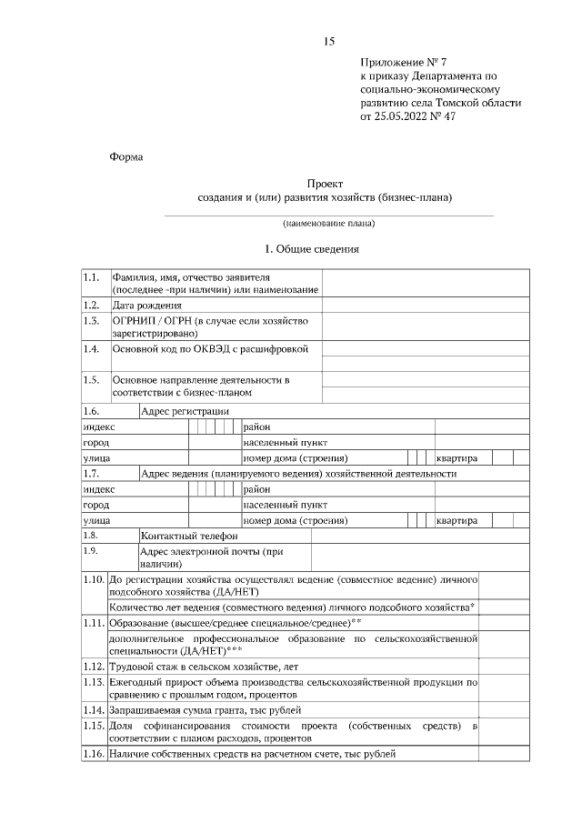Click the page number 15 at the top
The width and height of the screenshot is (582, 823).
(x=329, y=42)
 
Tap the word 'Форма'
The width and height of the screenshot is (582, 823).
(x=125, y=156)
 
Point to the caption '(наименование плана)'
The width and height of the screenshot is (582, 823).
(x=328, y=223)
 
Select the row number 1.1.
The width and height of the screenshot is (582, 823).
(x=91, y=276)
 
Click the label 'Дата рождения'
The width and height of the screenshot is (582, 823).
(x=146, y=306)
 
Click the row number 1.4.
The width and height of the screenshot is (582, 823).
(x=91, y=348)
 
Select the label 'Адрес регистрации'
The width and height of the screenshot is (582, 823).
(x=185, y=411)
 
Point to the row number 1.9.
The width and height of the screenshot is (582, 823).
(x=91, y=551)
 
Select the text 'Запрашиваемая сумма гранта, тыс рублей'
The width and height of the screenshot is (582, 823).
(x=205, y=709)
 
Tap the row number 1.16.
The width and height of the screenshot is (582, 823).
(x=94, y=754)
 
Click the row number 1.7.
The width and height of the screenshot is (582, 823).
(x=91, y=474)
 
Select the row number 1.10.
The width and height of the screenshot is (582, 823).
(x=94, y=578)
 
